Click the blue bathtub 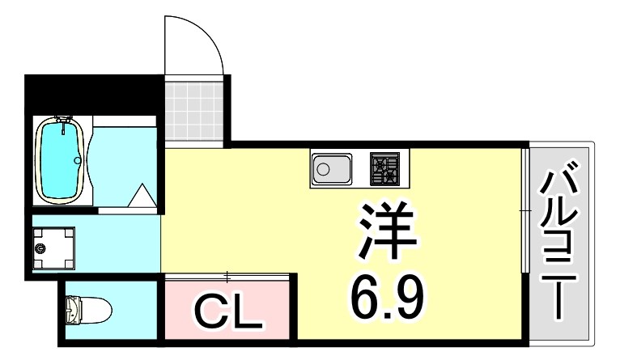pyautogui.click(x=62, y=159)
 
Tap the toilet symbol pyautogui.click(x=84, y=309)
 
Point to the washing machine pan pyautogui.click(x=54, y=247)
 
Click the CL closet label pyautogui.click(x=227, y=312)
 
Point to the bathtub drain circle pyautogui.click(x=78, y=160)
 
